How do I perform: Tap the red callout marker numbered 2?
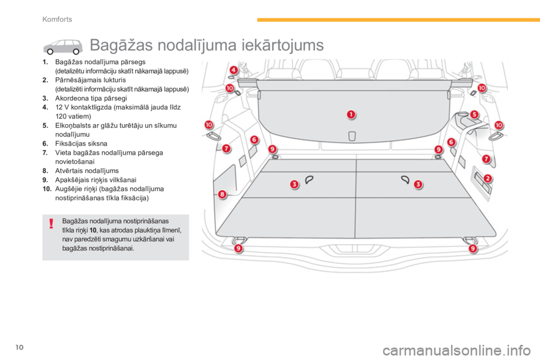pyautogui.click(x=488, y=178)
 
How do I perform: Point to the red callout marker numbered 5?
pyautogui.click(x=474, y=115)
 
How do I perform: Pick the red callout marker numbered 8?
pyautogui.click(x=222, y=194)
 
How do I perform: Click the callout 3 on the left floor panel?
pyautogui.click(x=294, y=184)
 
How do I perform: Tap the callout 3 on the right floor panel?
pyautogui.click(x=417, y=184)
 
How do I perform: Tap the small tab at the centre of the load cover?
pyautogui.click(x=352, y=136)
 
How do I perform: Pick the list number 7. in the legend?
pyautogui.click(x=44, y=152)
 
